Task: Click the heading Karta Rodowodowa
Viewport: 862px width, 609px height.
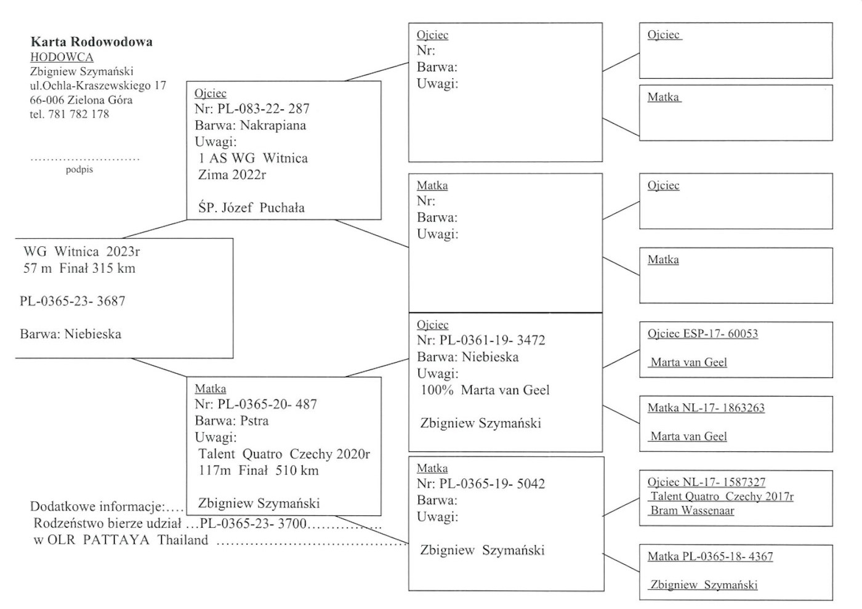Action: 92,42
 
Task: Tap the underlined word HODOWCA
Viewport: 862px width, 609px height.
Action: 62,57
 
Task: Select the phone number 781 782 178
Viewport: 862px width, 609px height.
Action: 78,114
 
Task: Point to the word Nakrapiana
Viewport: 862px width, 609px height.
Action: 273,126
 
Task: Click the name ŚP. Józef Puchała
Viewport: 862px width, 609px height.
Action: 251,208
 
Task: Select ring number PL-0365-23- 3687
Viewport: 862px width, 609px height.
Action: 73,301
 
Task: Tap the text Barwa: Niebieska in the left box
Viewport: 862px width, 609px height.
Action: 70,334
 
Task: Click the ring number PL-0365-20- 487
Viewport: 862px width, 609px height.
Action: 267,405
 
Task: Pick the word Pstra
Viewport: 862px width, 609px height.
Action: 254,421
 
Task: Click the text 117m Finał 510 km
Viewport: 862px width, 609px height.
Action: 259,470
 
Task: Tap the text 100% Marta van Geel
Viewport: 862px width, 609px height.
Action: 485,390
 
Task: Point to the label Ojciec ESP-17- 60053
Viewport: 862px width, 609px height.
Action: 703,334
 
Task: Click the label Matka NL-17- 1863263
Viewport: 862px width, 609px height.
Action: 706,408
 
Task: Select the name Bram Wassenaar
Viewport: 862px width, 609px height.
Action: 693,510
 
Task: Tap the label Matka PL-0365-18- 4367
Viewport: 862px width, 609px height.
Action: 710,557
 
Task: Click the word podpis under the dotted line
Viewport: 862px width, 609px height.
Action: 79,169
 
